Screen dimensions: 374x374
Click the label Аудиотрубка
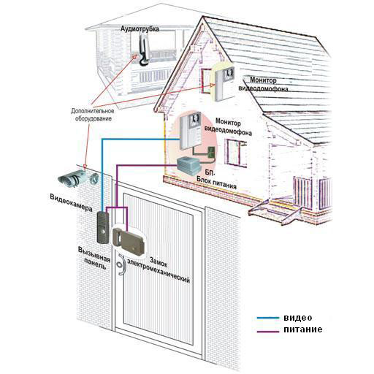tap(140, 29)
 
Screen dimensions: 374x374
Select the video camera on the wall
tap(78, 178)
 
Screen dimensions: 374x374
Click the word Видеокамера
tap(71, 203)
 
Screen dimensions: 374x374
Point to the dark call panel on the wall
tap(102, 227)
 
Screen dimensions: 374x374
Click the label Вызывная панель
tap(94, 258)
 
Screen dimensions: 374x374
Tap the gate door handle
tap(121, 264)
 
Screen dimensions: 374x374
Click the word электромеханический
tap(159, 271)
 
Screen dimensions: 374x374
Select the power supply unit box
tap(188, 166)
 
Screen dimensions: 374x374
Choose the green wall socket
tap(211, 152)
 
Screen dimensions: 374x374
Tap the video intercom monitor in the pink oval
tap(191, 131)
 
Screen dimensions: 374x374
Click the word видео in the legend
tap(297, 318)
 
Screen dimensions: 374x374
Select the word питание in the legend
tap(303, 329)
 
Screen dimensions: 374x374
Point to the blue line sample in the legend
tap(268, 318)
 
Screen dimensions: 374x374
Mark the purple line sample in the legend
tap(268, 332)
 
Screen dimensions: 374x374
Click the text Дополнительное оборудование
tap(93, 115)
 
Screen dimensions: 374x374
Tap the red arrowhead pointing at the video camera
tap(85, 167)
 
